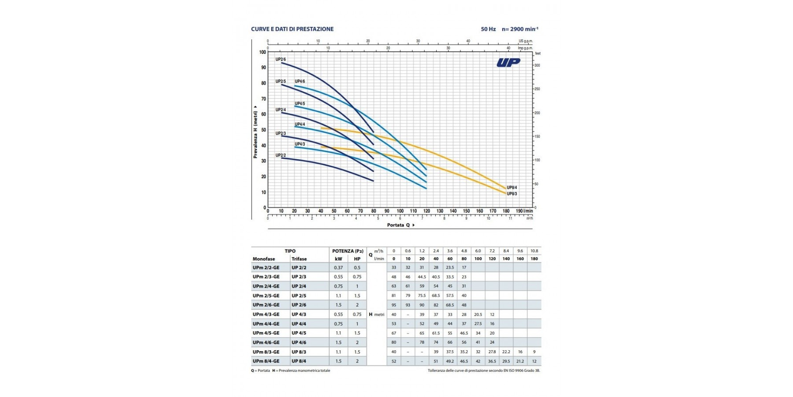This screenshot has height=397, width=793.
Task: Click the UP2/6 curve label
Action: pyautogui.click(x=281, y=59)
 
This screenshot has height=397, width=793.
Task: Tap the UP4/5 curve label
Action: pyautogui.click(x=300, y=104)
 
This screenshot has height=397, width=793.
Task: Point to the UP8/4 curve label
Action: pyautogui.click(x=512, y=187)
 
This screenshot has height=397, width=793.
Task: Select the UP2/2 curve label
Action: pyautogui.click(x=281, y=155)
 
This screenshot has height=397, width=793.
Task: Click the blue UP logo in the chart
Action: pyautogui.click(x=508, y=63)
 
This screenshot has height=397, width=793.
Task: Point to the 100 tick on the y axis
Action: pyautogui.click(x=263, y=52)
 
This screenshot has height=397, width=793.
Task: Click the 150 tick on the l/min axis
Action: pyautogui.click(x=466, y=211)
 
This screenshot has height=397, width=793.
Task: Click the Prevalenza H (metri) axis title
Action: pyautogui.click(x=255, y=132)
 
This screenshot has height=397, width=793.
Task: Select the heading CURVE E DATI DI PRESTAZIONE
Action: pyautogui.click(x=292, y=29)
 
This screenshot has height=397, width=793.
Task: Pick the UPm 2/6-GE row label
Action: pyautogui.click(x=266, y=305)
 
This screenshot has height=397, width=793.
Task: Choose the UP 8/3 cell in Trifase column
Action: pyautogui.click(x=299, y=352)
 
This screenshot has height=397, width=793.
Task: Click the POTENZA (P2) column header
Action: pyautogui.click(x=348, y=251)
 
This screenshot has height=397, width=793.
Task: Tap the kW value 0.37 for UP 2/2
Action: pyautogui.click(x=338, y=267)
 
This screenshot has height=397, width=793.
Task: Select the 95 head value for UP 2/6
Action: pyautogui.click(x=394, y=305)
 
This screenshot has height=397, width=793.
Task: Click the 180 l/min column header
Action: pyautogui.click(x=534, y=259)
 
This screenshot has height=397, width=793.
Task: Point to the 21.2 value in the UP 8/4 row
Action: pyautogui.click(x=520, y=361)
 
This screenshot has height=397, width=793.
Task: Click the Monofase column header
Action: pyautogui.click(x=264, y=259)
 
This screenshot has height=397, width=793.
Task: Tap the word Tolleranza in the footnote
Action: pyautogui.click(x=437, y=371)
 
